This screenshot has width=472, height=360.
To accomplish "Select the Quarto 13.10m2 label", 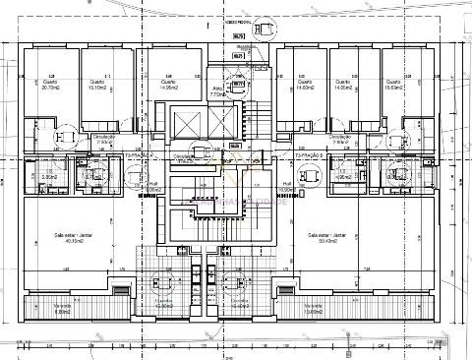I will (x=96, y=84).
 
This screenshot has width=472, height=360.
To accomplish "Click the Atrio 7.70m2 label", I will (x=217, y=91).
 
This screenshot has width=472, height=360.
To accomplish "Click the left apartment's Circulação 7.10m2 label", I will (x=104, y=140).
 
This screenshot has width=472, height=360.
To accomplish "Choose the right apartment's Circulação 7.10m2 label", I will (x=340, y=140).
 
